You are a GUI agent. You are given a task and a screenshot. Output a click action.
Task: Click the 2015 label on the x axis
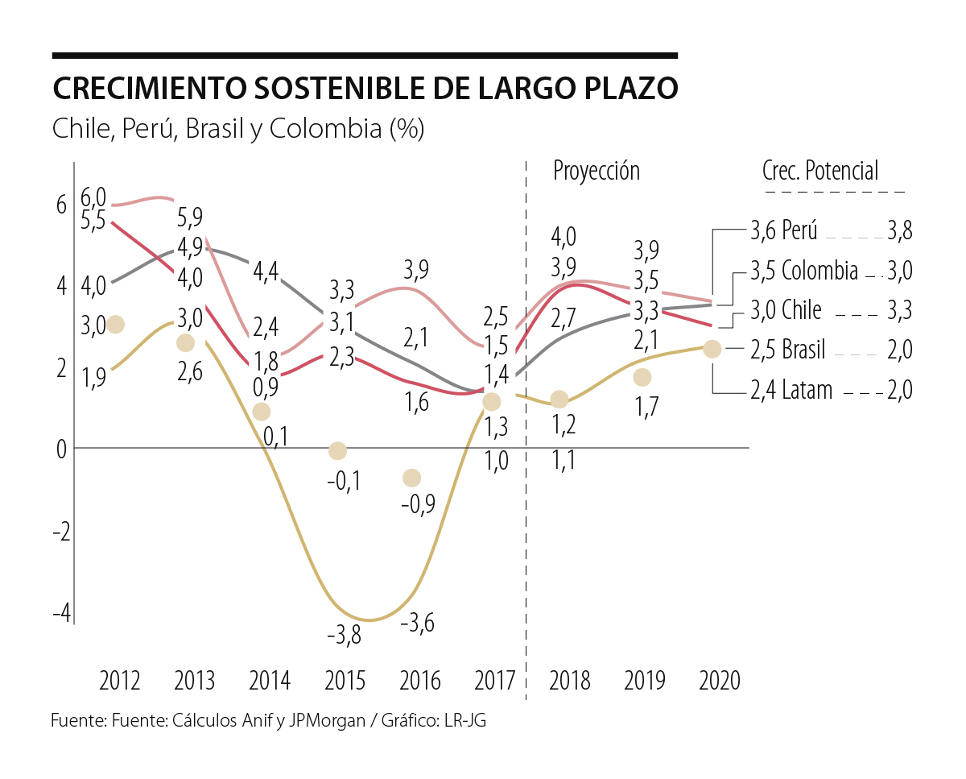[x=345, y=681]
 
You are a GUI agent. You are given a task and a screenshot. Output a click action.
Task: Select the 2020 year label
[x=720, y=681]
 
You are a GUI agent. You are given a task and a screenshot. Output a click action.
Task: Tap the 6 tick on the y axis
[x=61, y=205]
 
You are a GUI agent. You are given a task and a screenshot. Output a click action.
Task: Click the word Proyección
[x=596, y=171]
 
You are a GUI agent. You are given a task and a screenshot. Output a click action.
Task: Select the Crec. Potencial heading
[x=820, y=171]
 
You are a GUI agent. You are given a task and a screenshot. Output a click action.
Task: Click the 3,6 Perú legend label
[x=784, y=231]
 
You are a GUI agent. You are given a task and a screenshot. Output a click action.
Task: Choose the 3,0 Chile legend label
[x=785, y=310]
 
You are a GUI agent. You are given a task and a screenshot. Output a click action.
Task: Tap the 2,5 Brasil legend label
[x=787, y=350]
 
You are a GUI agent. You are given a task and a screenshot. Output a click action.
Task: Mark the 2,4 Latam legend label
[x=791, y=391]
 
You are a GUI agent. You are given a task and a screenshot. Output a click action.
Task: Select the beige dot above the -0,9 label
[x=411, y=478]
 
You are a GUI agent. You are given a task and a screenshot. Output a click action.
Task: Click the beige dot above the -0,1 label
[x=338, y=450]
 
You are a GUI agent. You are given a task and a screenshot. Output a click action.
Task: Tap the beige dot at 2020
[x=712, y=349]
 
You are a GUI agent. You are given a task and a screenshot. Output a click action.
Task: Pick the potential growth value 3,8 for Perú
[x=899, y=231]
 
